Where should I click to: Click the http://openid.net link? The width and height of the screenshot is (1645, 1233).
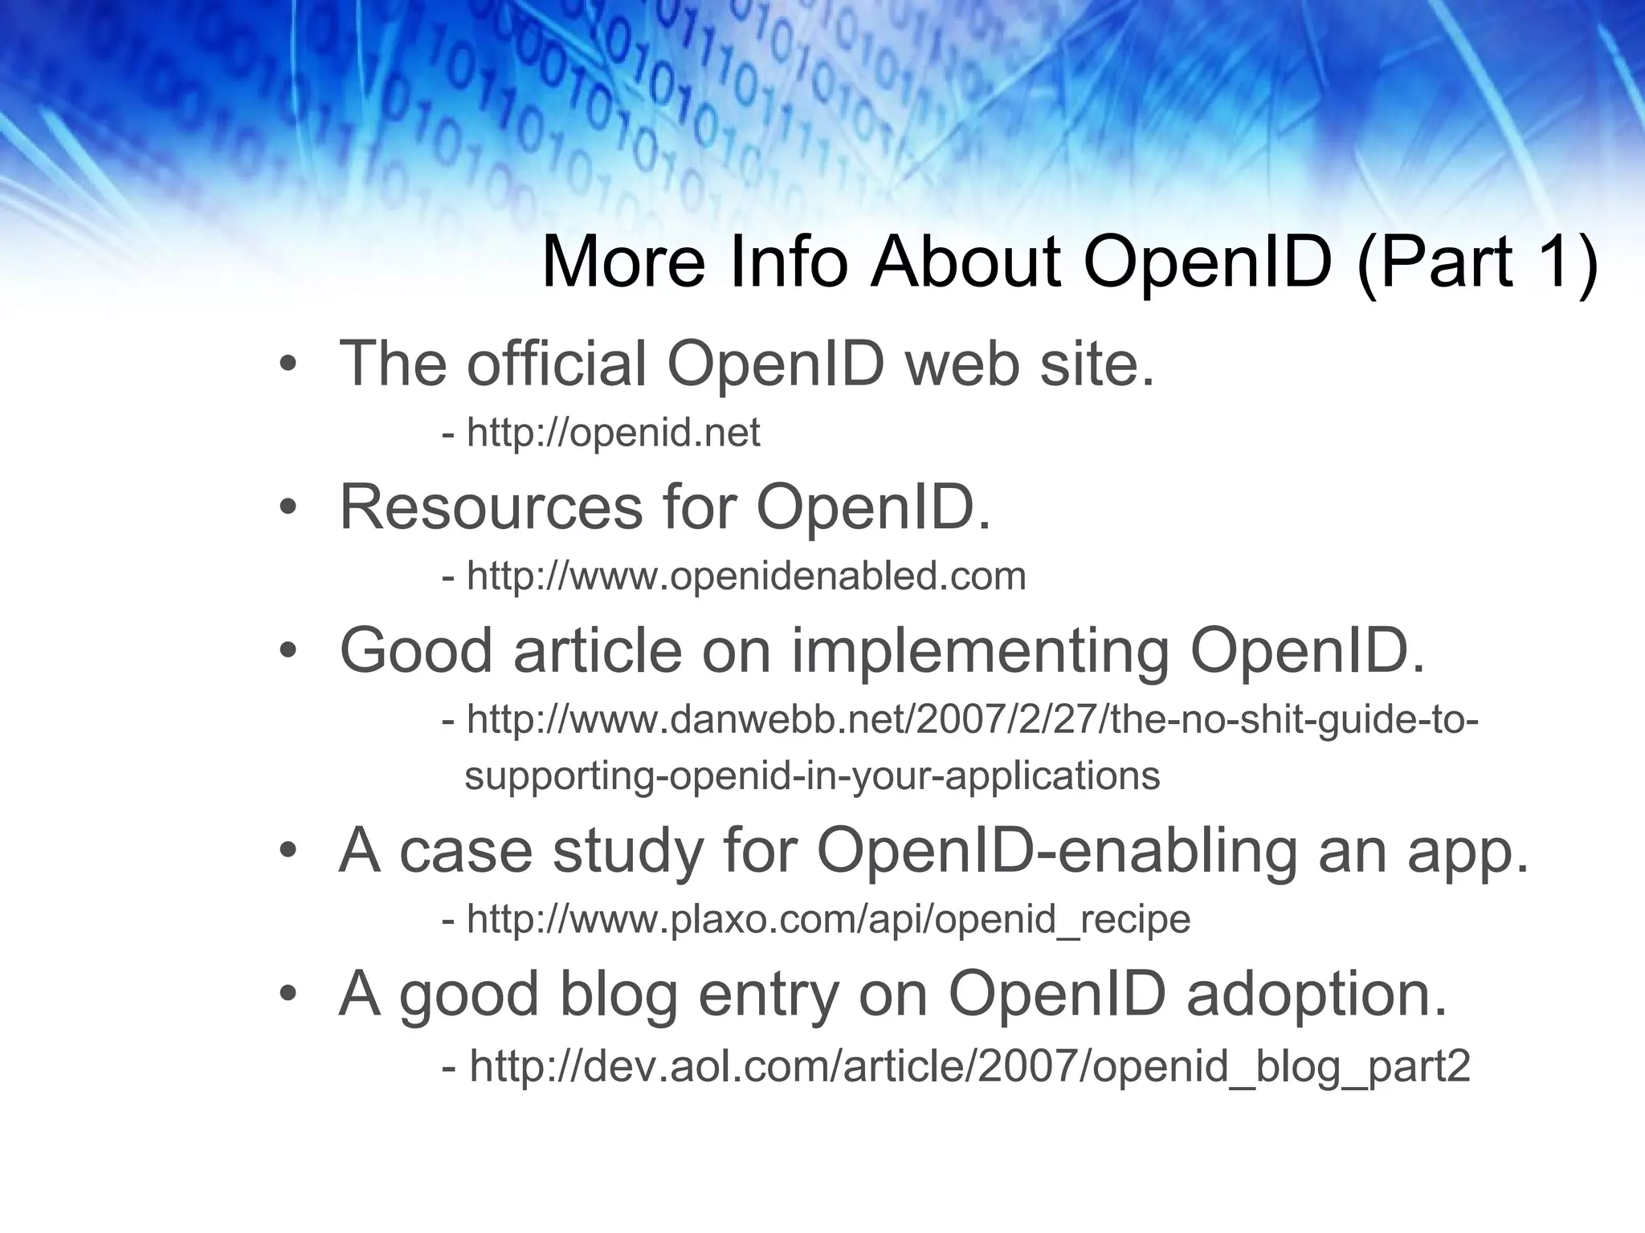613,433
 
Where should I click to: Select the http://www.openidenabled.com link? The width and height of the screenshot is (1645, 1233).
746,576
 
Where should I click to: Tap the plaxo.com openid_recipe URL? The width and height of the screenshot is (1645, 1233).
828,919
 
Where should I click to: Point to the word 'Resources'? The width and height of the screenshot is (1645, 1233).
491,507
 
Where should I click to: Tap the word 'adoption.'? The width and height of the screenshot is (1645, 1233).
1316,994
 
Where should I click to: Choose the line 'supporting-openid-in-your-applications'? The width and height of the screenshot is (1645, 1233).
812,776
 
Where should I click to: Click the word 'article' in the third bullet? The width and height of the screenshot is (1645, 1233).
597,650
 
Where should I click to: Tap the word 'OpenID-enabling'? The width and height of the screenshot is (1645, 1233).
1056,851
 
